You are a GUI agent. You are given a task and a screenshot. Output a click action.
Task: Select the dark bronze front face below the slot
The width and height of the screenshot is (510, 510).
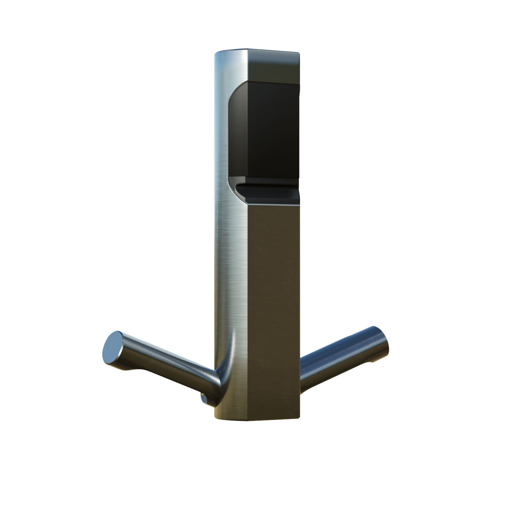click(x=274, y=289)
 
